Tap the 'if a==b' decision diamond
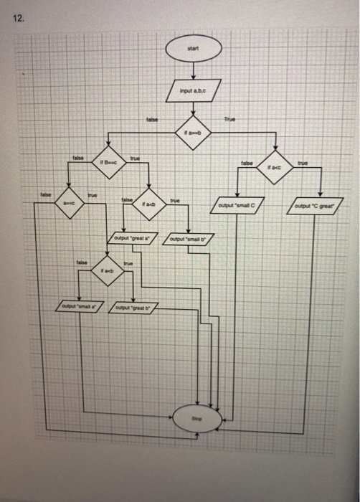point(191,133)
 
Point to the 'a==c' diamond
point(71,204)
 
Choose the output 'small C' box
point(235,207)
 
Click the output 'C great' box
point(319,207)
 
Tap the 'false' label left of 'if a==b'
point(151,119)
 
